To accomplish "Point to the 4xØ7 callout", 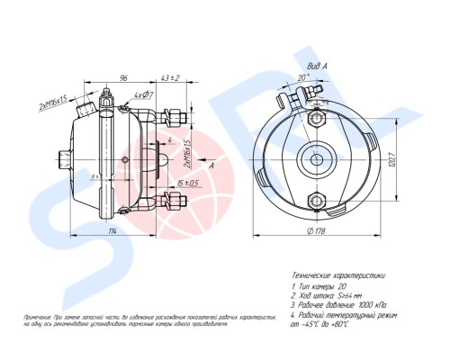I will click(x=144, y=94).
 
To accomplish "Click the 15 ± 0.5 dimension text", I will click(x=187, y=184).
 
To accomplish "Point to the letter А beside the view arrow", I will click(x=211, y=166).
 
